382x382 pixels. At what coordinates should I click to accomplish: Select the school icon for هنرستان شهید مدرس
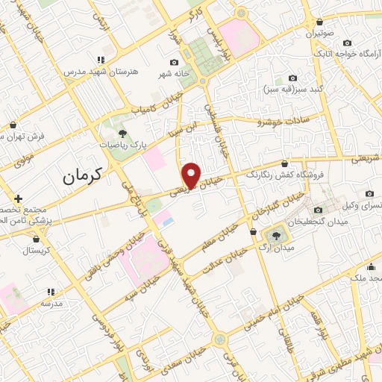(x=98, y=59)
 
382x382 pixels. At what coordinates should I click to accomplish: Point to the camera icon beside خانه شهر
(x=174, y=63)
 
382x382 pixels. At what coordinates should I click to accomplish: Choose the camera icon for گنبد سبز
(x=292, y=78)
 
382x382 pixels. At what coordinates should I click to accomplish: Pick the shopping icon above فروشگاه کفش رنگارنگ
(x=284, y=164)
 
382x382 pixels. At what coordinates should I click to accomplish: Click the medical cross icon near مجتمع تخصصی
(x=18, y=198)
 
